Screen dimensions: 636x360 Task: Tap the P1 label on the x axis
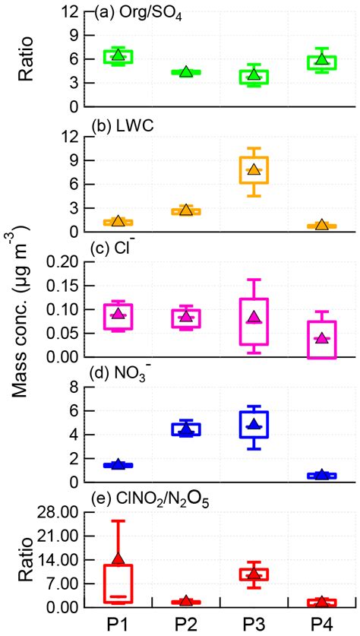pyautogui.click(x=118, y=622)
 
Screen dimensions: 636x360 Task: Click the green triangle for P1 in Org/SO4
pyautogui.click(x=118, y=55)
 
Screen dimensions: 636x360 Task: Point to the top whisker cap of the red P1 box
pyautogui.click(x=118, y=521)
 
